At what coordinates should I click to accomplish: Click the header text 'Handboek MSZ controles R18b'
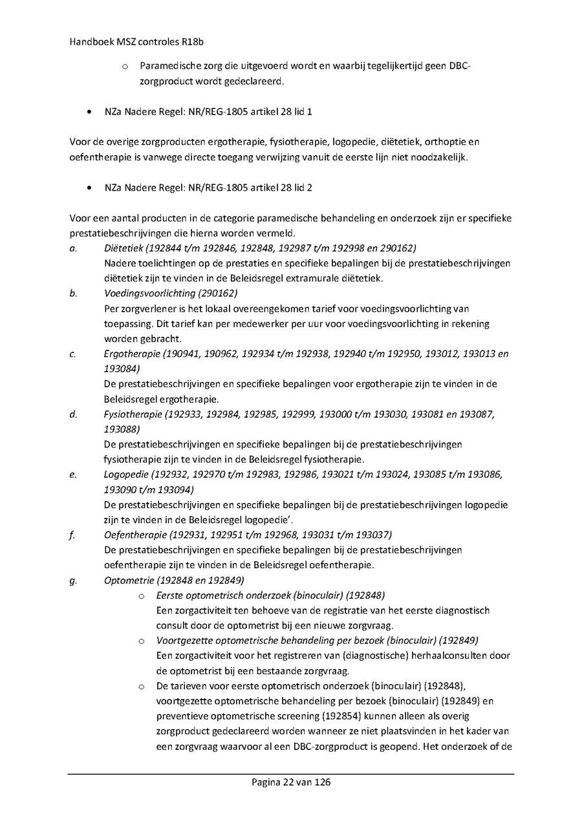coord(124,41)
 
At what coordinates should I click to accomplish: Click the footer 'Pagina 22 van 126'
coord(291,782)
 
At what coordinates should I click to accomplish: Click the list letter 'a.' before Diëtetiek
coord(73,248)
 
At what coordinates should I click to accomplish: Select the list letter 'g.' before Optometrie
coord(73,580)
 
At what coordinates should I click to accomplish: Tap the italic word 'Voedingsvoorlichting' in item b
coord(147,293)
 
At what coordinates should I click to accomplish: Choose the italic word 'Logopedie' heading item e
coord(125,475)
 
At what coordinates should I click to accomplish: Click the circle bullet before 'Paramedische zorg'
coord(125,67)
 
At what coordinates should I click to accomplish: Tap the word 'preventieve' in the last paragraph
coord(180,716)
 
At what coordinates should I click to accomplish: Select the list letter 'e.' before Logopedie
coord(73,475)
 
